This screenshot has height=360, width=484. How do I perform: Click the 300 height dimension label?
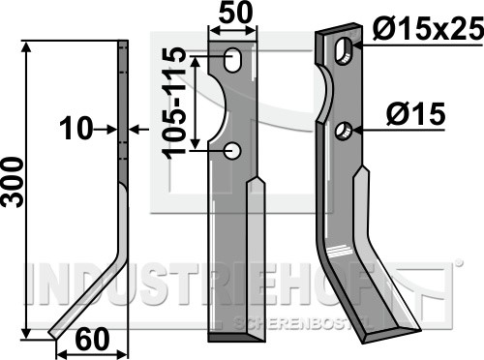pyautogui.click(x=13, y=182)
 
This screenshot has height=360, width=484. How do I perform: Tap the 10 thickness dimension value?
pyautogui.click(x=76, y=129)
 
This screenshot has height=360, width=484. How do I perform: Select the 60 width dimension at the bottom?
pyautogui.click(x=92, y=339)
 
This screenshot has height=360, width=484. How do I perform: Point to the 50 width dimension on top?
pyautogui.click(x=235, y=13)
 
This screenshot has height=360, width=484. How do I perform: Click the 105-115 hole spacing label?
pyautogui.click(x=174, y=104)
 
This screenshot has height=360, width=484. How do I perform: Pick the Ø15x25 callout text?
pyautogui.click(x=428, y=29)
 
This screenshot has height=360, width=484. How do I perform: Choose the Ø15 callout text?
pyautogui.click(x=416, y=113)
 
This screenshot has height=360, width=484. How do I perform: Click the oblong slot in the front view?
pyautogui.click(x=232, y=60)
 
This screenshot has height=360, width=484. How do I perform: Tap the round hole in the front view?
pyautogui.click(x=232, y=151)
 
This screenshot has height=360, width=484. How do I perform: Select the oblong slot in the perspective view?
pyautogui.click(x=344, y=51)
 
